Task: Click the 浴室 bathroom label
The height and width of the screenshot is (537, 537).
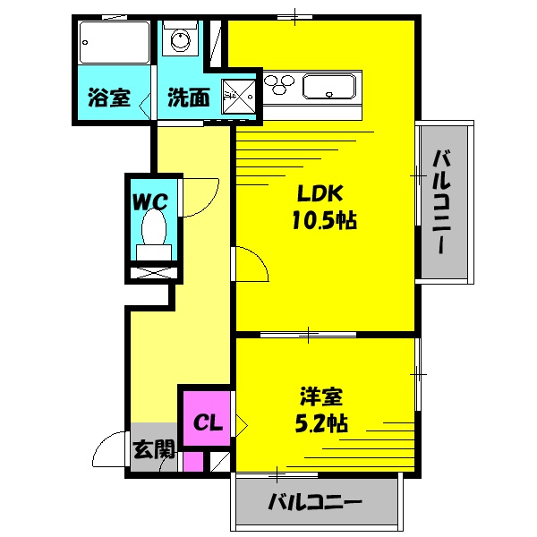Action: (x=108, y=98)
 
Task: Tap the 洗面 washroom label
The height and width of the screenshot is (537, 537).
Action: (x=188, y=98)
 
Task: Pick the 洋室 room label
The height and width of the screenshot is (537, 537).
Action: (x=320, y=396)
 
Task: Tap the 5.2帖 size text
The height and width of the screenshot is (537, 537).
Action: (x=320, y=422)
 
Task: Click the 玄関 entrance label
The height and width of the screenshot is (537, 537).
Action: (x=154, y=450)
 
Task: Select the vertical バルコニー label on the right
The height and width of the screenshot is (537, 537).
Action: (x=443, y=202)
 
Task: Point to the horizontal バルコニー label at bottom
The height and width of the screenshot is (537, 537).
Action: (x=314, y=503)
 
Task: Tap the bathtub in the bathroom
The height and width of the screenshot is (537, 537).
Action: (x=113, y=41)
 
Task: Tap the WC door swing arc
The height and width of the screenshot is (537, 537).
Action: (x=199, y=197)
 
